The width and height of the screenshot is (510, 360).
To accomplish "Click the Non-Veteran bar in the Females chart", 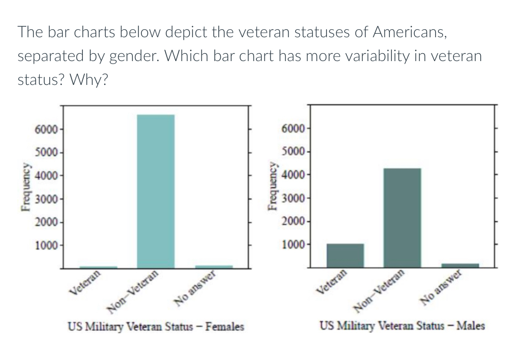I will point(156,191).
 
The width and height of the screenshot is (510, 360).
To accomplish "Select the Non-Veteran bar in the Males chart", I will point(402,217).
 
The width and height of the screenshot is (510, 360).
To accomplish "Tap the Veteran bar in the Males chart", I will point(345,255).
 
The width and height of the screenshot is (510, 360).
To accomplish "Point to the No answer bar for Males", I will point(460,265).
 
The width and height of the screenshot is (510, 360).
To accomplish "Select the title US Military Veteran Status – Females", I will point(156,327).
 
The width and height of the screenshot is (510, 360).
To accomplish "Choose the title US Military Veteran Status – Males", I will point(402,326).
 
